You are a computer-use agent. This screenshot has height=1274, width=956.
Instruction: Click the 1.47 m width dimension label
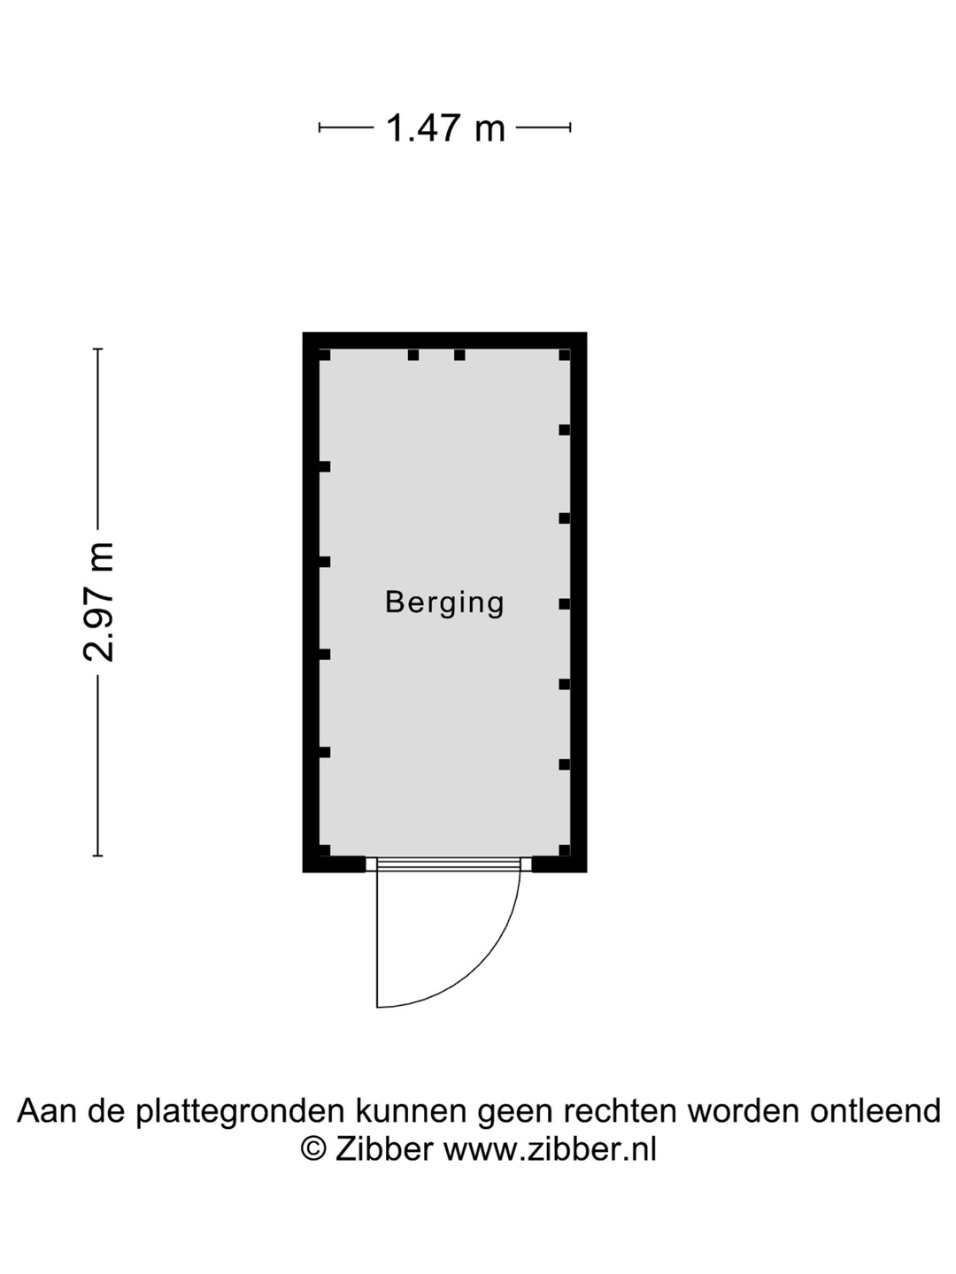pyautogui.click(x=445, y=127)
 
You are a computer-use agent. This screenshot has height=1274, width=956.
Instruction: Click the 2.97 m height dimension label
pyautogui.click(x=98, y=602)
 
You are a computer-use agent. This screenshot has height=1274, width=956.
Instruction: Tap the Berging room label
pyautogui.click(x=444, y=603)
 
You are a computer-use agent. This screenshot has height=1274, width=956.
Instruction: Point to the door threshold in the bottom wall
pyautogui.click(x=449, y=864)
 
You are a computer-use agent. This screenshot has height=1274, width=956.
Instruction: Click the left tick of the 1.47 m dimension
pyautogui.click(x=320, y=127)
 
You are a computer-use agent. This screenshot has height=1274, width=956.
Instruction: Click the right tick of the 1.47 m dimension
pyautogui.click(x=570, y=127)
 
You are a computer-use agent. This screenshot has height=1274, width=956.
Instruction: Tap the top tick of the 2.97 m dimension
pyautogui.click(x=98, y=349)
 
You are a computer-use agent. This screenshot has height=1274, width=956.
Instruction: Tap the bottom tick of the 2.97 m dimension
pyautogui.click(x=98, y=856)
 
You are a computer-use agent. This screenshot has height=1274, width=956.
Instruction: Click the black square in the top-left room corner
pyautogui.click(x=325, y=355)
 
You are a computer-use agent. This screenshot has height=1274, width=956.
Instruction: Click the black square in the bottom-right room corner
pyautogui.click(x=565, y=850)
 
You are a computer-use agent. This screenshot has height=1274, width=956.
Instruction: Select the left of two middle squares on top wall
pyautogui.click(x=412, y=355)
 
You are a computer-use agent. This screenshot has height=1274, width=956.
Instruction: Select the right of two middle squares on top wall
pyautogui.click(x=459, y=355)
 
